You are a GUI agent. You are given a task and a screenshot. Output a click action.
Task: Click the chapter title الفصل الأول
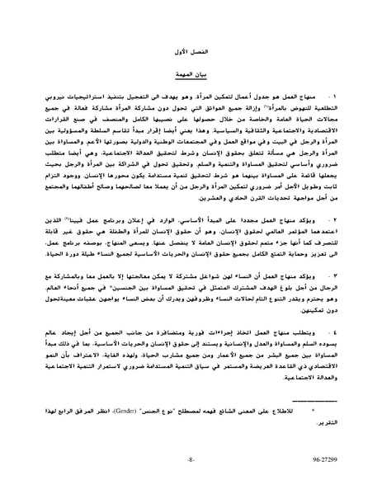coord(191,50)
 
